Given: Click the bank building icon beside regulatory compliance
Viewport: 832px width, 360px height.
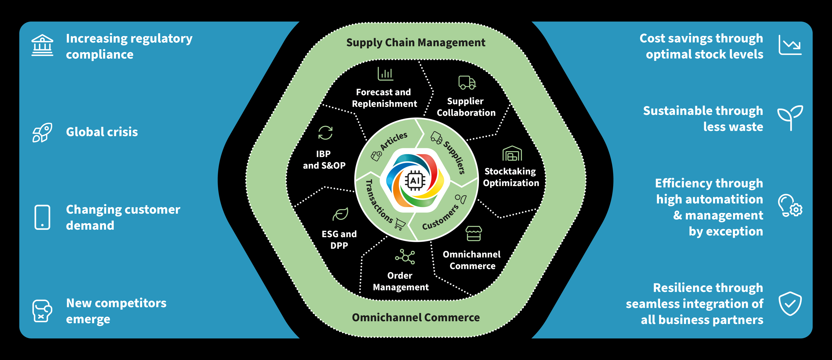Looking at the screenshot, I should click(x=42, y=45).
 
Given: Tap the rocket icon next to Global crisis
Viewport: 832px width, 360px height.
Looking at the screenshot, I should click(x=42, y=132).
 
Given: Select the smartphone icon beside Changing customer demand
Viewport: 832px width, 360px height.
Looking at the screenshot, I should click(x=42, y=217).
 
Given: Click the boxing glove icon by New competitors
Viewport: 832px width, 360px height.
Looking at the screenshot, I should click(x=42, y=311).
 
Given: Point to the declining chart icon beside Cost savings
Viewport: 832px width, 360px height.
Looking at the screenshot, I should click(x=790, y=45).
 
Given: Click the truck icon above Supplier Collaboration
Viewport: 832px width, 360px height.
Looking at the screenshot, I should click(x=467, y=83).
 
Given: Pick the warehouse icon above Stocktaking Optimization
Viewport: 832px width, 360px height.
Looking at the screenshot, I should click(x=512, y=154).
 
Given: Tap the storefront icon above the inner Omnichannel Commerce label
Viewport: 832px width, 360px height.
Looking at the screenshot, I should click(x=473, y=233).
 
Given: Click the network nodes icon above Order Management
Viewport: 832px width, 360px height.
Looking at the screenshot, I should click(x=405, y=257).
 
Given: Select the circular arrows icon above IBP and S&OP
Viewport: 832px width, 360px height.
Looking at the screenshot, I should click(x=325, y=133).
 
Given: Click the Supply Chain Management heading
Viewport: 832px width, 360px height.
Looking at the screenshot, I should click(x=416, y=43).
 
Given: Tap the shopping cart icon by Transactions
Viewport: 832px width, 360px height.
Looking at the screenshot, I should click(x=400, y=224).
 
